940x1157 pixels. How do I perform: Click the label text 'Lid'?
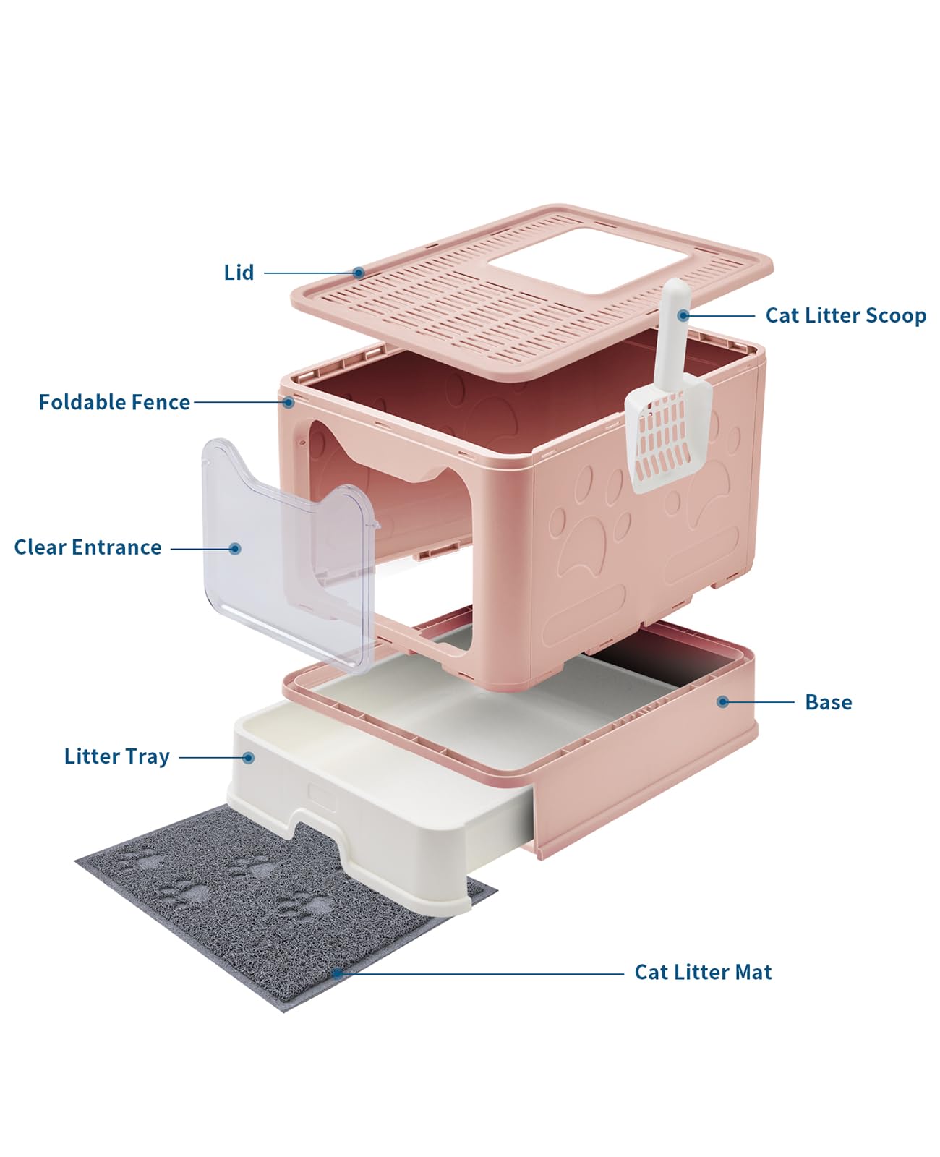point(239,272)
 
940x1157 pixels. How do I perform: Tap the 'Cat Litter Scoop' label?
point(845,315)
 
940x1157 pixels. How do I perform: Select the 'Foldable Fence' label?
point(114,402)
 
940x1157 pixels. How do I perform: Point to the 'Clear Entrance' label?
point(88,547)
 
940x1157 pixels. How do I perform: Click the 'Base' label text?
point(829,702)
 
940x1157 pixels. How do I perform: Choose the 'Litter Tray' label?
point(117,756)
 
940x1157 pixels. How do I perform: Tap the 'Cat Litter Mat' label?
point(704,972)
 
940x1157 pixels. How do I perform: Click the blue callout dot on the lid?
point(359,273)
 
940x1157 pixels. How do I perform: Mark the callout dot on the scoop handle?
point(683,315)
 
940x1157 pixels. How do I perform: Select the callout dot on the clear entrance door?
point(235,549)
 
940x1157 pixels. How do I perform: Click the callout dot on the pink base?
point(723,702)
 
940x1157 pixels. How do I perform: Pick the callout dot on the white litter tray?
point(248,758)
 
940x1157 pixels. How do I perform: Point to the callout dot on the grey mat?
point(337,973)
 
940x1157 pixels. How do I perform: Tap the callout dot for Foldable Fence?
point(289,403)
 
